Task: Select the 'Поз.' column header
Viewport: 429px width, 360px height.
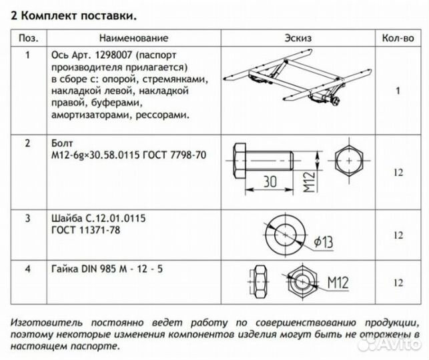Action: point(27,39)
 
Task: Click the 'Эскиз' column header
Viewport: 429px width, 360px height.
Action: point(297,39)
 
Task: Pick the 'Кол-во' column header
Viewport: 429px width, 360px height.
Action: point(398,39)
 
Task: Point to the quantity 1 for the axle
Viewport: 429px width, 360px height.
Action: point(398,89)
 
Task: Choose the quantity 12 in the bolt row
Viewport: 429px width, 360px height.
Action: point(398,173)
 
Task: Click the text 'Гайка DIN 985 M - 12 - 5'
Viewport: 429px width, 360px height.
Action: point(105,269)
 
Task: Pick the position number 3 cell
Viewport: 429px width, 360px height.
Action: point(27,218)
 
